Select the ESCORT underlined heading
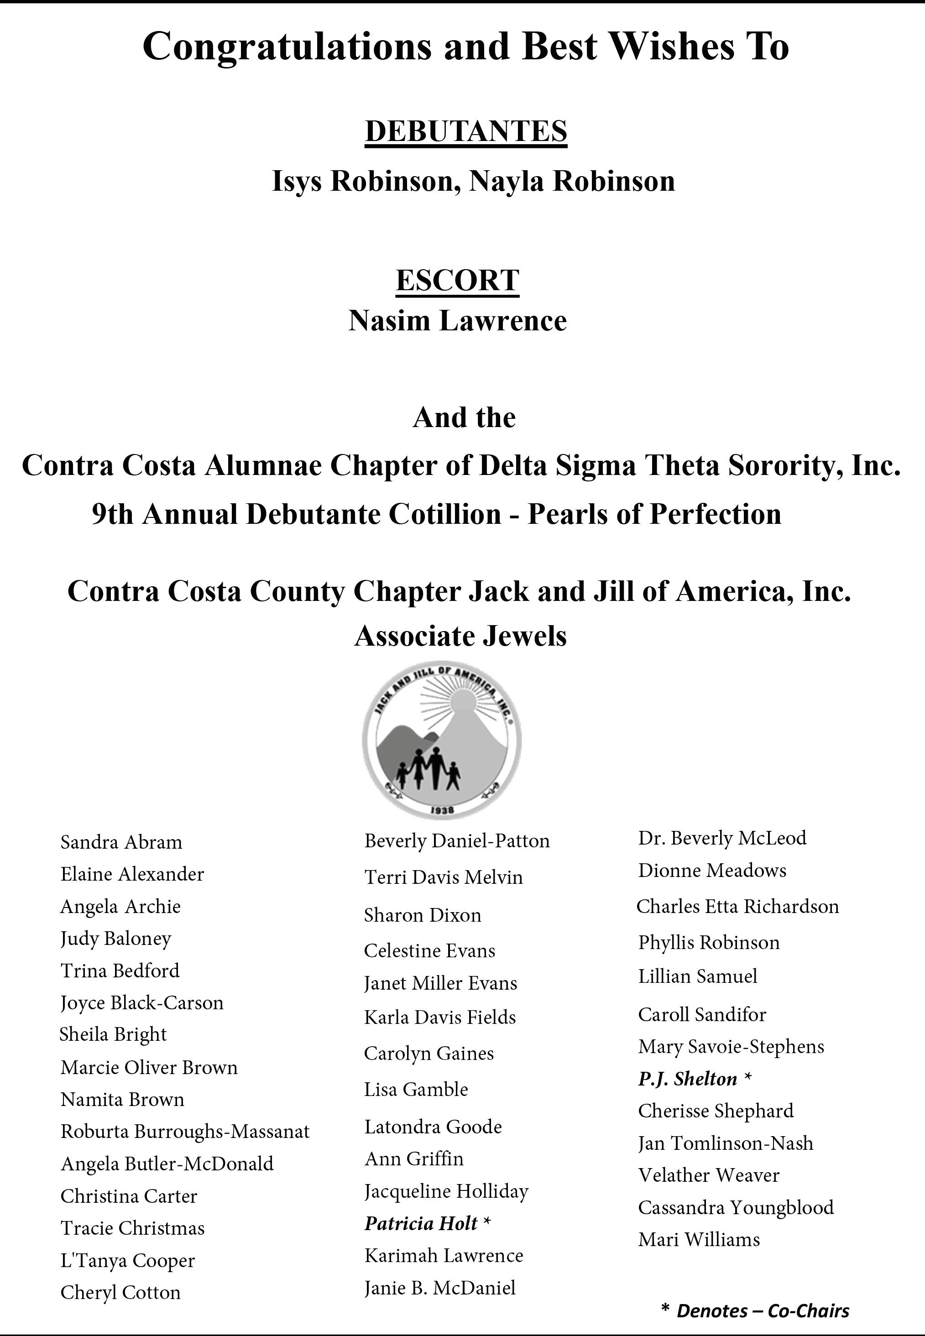pos(457,281)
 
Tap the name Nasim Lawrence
pos(457,321)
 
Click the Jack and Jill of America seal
pos(442,741)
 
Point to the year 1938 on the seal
pos(442,810)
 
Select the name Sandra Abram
pos(121,842)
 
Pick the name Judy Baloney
pos(116,939)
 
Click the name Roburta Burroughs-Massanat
pos(185,1131)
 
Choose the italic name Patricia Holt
pos(421,1222)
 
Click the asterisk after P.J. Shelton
pos(747,1078)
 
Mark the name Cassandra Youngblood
pos(736,1207)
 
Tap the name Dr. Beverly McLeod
pos(722,838)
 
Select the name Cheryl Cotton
pos(120,1292)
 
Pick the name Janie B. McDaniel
pos(440,1287)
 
